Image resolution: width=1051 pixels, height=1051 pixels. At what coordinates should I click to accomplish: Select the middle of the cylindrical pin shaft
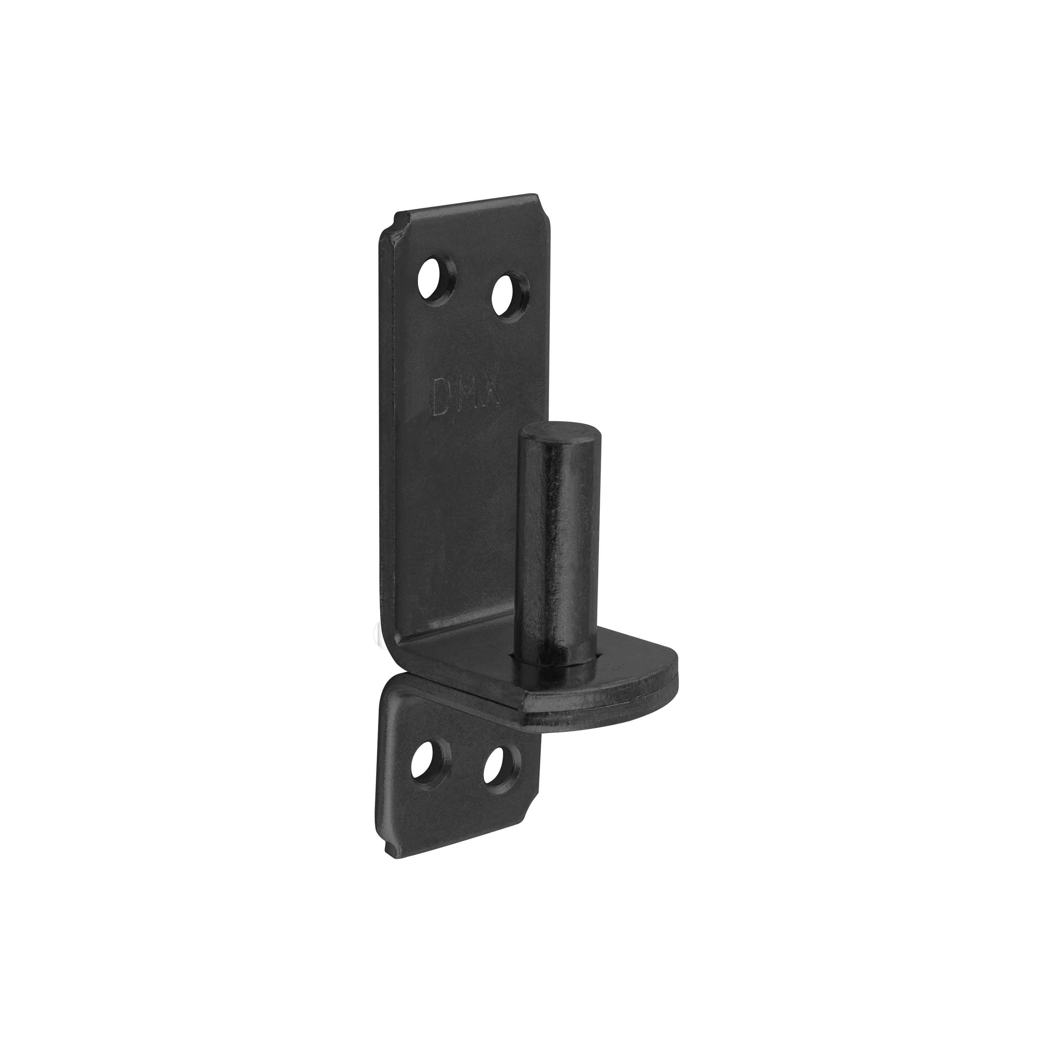pyautogui.click(x=559, y=544)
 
